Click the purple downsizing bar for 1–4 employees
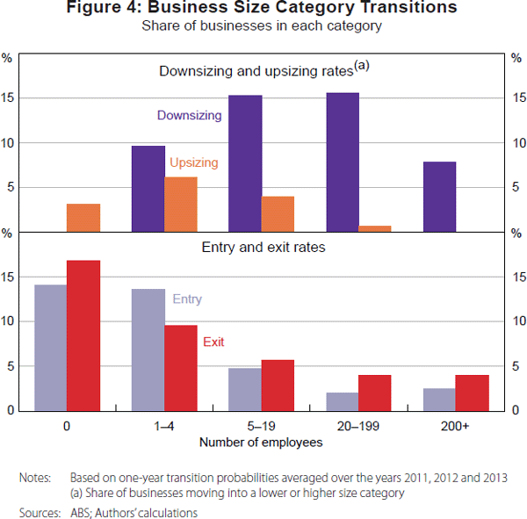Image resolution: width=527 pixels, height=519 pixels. [148, 188]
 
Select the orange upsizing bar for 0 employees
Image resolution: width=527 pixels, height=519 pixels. [83, 217]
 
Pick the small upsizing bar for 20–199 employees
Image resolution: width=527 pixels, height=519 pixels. [375, 228]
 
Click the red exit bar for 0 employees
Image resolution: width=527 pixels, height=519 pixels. [83, 335]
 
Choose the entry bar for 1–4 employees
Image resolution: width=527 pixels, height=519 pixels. [148, 349]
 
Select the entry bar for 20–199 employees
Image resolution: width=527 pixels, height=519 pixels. [343, 400]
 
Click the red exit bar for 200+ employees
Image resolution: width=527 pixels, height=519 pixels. [472, 392]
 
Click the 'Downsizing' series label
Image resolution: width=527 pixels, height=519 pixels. [190, 115]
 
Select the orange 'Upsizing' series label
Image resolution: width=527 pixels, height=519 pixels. [194, 162]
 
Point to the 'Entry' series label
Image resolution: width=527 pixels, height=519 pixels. [187, 299]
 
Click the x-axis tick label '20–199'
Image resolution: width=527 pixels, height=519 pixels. [358, 426]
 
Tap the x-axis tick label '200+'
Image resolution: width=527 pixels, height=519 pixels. [455, 426]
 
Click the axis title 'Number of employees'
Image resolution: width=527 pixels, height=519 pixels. [261, 443]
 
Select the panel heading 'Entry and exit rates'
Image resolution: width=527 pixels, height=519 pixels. [263, 248]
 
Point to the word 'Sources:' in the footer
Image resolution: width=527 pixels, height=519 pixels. [39, 510]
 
